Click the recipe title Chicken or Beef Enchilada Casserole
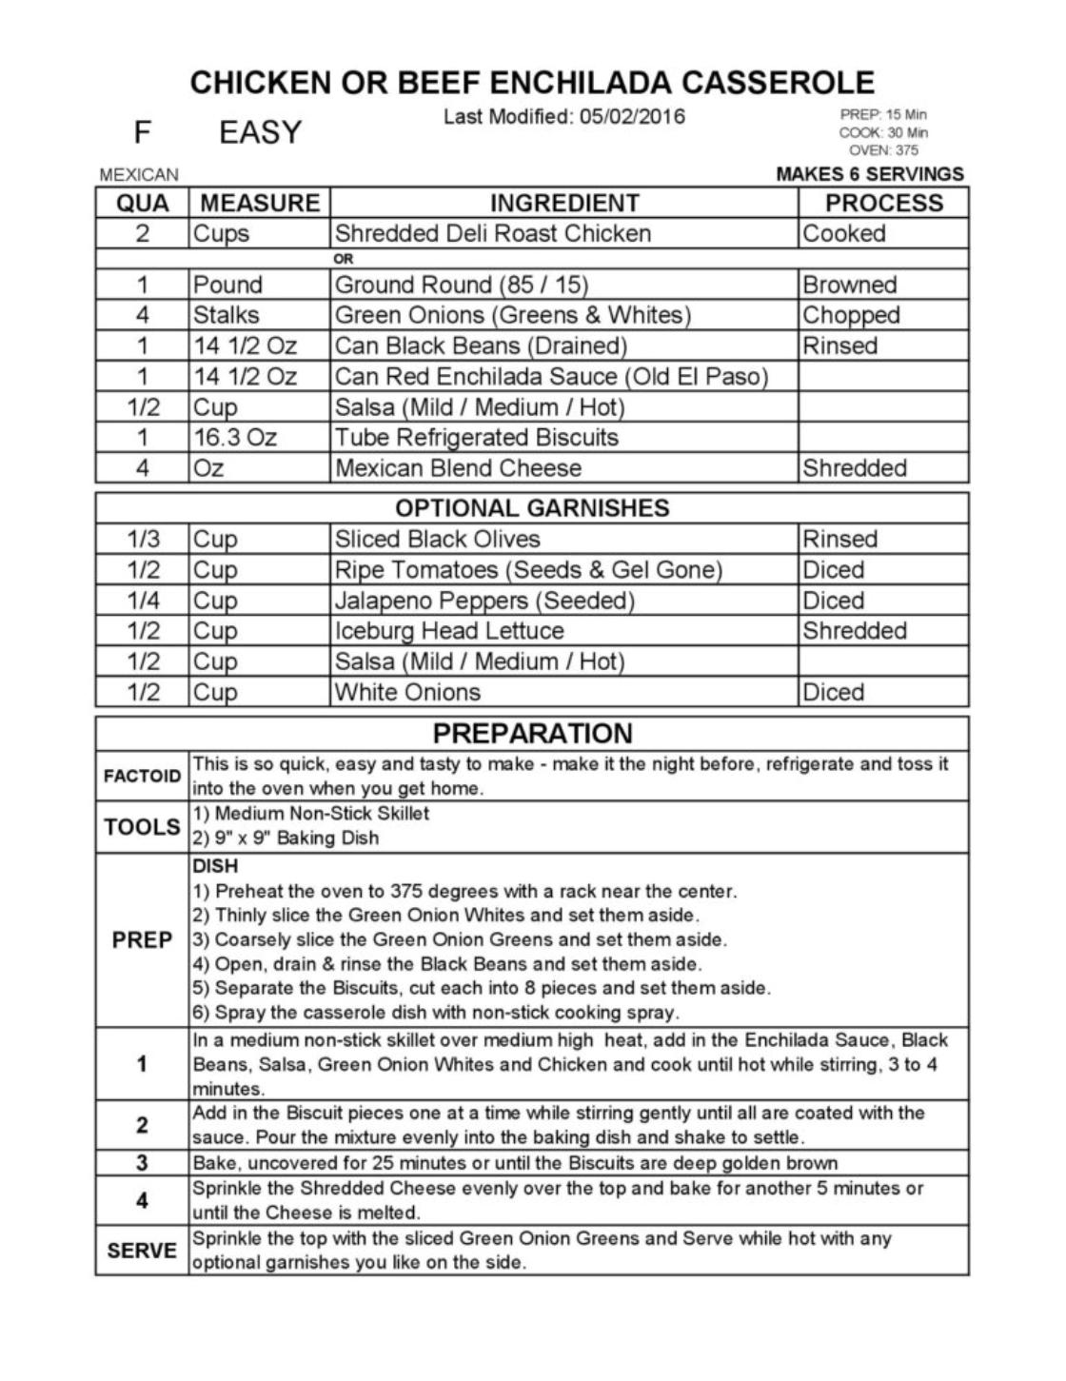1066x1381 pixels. (532, 83)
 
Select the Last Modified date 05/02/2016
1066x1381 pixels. (631, 117)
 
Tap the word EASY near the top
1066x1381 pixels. (260, 132)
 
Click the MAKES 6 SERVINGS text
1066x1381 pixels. (870, 174)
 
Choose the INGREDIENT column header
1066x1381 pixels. (564, 203)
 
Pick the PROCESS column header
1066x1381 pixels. (883, 203)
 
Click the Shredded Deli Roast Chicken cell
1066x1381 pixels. (493, 234)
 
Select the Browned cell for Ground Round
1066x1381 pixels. (849, 285)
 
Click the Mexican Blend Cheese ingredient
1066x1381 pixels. (458, 468)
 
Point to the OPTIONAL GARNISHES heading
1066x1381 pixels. (532, 508)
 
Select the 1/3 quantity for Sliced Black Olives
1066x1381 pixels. (143, 540)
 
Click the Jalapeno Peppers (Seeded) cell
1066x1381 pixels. (484, 601)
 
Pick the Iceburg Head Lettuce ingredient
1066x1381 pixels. (449, 631)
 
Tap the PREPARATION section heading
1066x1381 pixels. (532, 733)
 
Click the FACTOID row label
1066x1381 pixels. (142, 776)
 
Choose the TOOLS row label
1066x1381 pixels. (142, 827)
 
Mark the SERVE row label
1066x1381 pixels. (142, 1251)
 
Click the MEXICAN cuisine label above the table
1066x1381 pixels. (139, 175)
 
